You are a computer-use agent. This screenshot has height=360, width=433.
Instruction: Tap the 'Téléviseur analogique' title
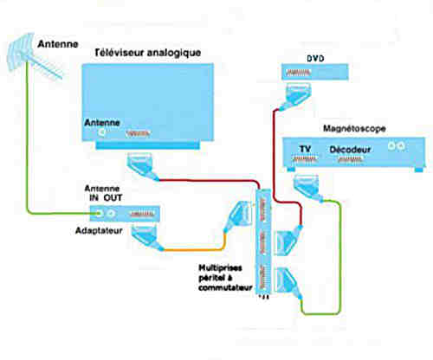click(148, 53)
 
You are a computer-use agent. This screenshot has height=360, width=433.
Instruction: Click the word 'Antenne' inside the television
click(102, 123)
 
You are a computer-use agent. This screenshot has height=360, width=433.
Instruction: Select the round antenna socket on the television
click(101, 132)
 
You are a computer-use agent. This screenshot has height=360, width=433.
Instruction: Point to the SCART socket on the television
click(139, 133)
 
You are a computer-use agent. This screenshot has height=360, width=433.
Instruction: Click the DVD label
click(315, 59)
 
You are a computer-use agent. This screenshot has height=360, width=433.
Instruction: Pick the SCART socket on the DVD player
click(299, 73)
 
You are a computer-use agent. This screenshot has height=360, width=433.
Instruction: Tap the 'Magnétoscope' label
click(354, 128)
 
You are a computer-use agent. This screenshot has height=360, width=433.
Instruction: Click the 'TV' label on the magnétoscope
click(305, 149)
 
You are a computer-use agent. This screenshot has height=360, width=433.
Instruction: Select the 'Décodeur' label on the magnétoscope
click(350, 150)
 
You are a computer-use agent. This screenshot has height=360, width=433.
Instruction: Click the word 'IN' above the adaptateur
click(94, 197)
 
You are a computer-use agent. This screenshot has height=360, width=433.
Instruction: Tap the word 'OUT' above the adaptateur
click(113, 197)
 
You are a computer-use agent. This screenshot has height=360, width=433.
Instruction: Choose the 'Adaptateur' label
click(99, 230)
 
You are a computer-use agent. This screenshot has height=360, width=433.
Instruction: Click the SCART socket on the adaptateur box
click(142, 214)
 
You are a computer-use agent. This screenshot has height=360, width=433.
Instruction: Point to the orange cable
click(199, 249)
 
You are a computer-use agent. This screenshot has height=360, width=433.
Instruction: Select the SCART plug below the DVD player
click(297, 96)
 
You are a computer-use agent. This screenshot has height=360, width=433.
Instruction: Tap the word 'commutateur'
click(225, 287)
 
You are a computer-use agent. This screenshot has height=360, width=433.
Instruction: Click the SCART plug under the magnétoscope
click(307, 188)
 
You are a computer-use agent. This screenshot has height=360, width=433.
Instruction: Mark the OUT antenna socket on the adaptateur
click(111, 214)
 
